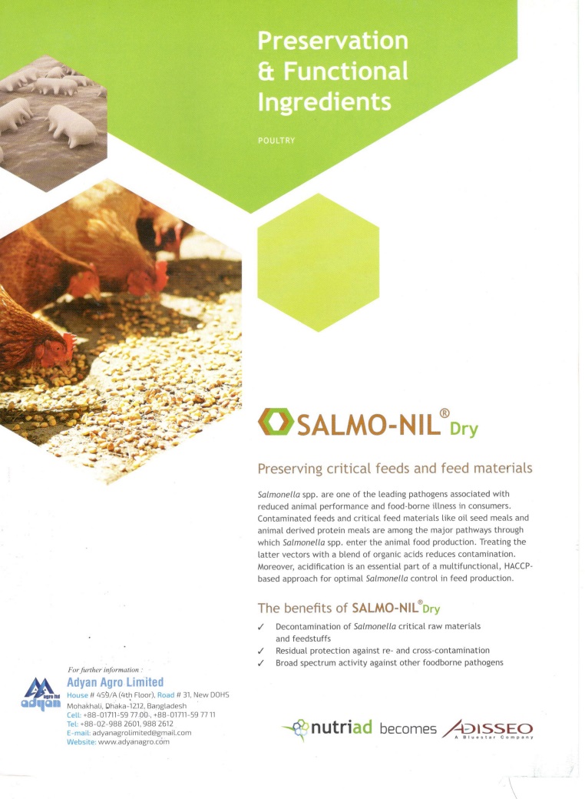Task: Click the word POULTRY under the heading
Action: tap(276, 141)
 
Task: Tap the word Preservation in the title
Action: tap(333, 41)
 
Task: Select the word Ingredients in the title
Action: tap(324, 102)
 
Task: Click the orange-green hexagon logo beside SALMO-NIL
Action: tap(276, 422)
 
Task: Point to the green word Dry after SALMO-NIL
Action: tap(464, 429)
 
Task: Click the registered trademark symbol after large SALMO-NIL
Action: tap(444, 413)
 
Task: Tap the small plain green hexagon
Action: tap(318, 263)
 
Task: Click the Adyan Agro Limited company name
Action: tap(115, 682)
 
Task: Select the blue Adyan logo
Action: tap(41, 694)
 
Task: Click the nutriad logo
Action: tap(327, 728)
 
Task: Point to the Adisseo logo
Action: tap(487, 729)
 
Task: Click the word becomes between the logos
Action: tap(408, 729)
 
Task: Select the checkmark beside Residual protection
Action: tap(261, 651)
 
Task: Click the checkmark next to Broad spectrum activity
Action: tap(261, 663)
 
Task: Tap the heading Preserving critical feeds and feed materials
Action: tap(395, 469)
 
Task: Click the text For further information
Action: tap(105, 670)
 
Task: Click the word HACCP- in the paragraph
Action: tap(517, 566)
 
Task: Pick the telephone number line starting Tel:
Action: tap(121, 724)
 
